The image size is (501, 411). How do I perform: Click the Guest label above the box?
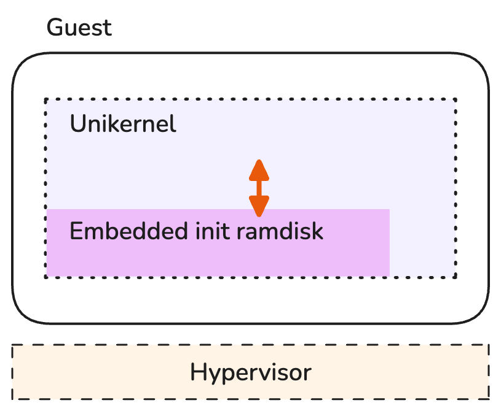coord(79,28)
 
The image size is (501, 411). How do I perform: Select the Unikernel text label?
coord(123,125)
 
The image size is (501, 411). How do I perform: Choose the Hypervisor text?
coord(250,372)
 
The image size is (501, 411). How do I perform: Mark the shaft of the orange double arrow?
coord(259,188)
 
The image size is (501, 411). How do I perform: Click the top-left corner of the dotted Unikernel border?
coord(45,99)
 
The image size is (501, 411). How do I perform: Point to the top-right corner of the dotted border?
coord(456,99)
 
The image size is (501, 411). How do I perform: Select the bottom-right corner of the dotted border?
coord(456,277)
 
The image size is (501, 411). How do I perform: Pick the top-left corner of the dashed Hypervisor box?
coord(13,345)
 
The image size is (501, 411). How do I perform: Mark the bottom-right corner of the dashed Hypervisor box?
coord(489,399)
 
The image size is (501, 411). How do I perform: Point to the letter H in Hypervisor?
coord(198,372)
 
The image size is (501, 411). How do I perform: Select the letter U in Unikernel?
coord(77,125)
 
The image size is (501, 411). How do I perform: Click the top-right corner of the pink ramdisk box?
coord(389,210)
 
